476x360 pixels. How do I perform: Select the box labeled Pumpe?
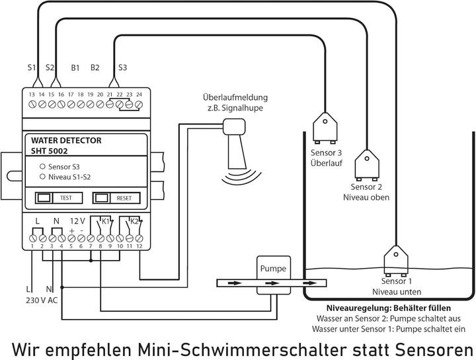tap(272, 269)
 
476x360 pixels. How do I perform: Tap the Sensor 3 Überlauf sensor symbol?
tap(326, 128)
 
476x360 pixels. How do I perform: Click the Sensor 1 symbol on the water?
tap(397, 257)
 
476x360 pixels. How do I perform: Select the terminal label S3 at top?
tap(122, 67)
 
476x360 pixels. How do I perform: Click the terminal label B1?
tap(75, 67)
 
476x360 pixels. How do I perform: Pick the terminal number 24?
tap(139, 95)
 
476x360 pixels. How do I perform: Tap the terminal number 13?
tap(31, 95)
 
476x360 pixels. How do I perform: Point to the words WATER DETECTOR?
tap(67, 140)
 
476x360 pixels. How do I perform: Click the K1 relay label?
tap(105, 220)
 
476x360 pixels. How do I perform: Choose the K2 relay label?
tap(134, 220)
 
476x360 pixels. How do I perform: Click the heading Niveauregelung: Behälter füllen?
tap(389, 308)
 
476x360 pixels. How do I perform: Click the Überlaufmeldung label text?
tap(235, 98)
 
